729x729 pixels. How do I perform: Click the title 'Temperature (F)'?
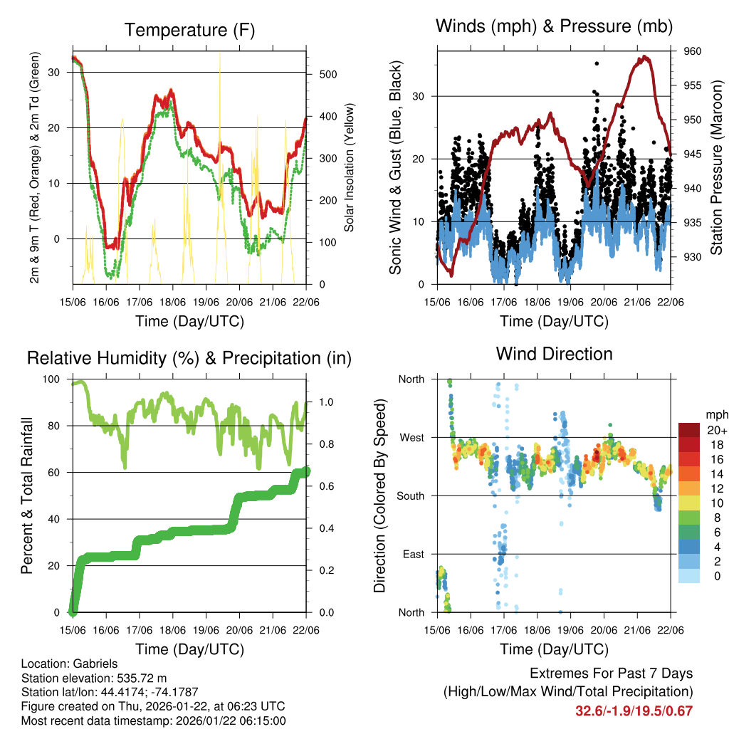(189, 30)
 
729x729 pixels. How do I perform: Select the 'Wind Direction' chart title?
(554, 354)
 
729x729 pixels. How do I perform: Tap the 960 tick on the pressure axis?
(693, 51)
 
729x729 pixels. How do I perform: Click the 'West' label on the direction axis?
(411, 437)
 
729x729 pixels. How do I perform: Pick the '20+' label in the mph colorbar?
(715, 430)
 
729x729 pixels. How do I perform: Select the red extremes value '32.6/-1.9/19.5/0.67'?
(634, 710)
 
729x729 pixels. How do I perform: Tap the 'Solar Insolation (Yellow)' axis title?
(350, 168)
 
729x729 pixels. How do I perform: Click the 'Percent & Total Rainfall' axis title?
(26, 496)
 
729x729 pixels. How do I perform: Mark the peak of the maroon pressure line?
(645, 56)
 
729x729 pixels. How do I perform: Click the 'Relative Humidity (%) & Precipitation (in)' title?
(189, 358)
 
